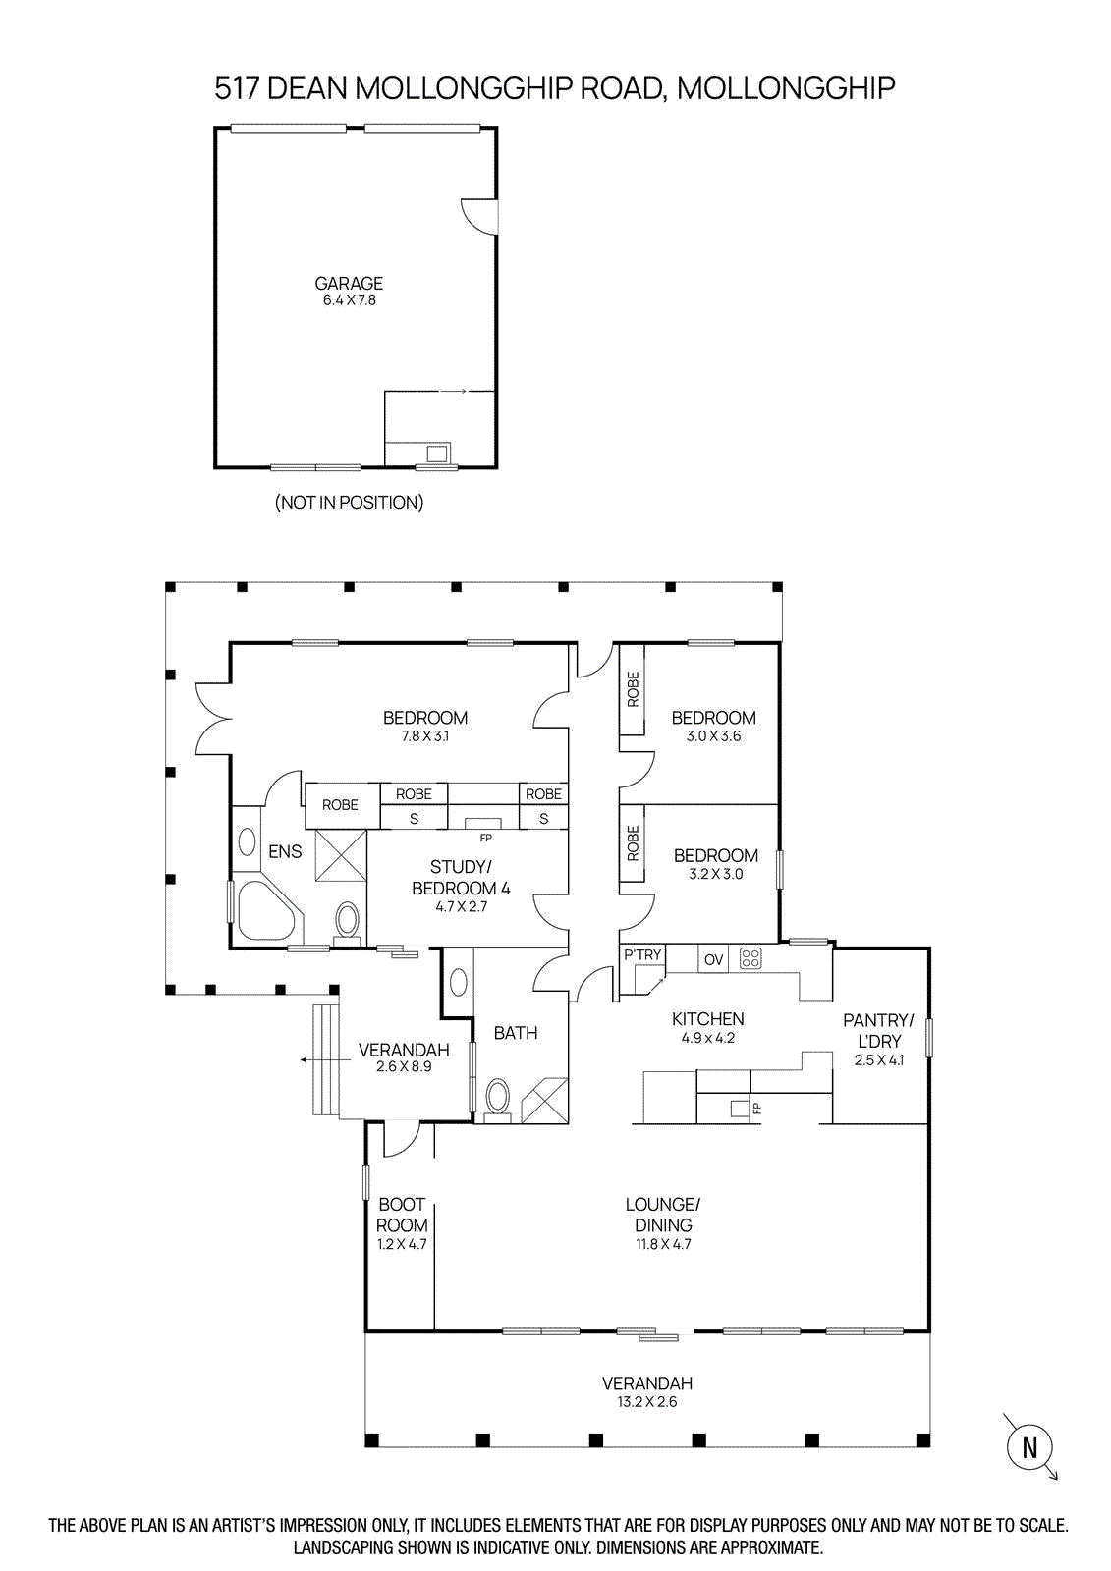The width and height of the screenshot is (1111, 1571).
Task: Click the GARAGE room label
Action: pos(348,284)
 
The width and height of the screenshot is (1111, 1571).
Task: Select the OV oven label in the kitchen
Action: pos(713,959)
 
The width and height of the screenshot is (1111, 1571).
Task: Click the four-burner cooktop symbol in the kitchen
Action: pos(750,958)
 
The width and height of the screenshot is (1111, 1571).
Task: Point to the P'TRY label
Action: pos(642,954)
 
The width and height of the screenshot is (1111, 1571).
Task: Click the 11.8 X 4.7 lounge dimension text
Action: pos(662,1244)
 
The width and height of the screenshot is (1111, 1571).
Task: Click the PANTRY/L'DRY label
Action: pos(879,1030)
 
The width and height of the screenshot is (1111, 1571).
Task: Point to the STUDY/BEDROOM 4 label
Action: pos(461,878)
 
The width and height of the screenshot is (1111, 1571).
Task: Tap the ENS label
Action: pos(285,851)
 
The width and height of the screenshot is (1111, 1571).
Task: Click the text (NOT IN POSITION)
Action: pos(349,502)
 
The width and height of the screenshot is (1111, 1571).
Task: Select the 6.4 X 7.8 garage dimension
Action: pos(349,300)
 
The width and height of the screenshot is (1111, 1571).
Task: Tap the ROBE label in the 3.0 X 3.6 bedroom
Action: pos(633,688)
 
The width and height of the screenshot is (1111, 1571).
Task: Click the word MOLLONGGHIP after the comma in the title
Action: pos(786,88)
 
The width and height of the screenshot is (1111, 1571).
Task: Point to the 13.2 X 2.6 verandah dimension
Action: pos(647,1402)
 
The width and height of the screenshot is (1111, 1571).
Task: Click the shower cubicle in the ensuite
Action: pos(341,854)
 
